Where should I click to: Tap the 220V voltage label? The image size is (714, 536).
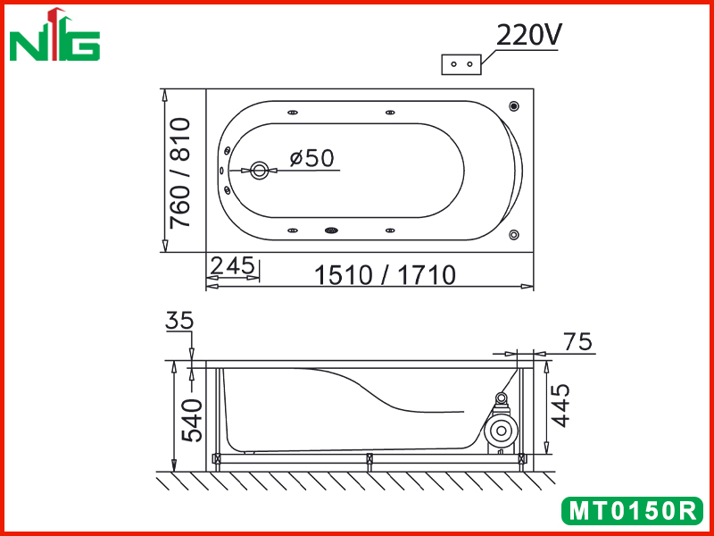coord(528,35)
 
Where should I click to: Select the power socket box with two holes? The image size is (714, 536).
coord(461,64)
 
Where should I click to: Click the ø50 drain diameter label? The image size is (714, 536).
coord(311,158)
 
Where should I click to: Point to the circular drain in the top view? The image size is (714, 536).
coord(260,171)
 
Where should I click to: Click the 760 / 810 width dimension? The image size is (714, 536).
coord(179,172)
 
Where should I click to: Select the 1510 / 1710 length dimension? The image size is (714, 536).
coord(386,275)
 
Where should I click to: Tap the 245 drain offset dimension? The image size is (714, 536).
coord(232,265)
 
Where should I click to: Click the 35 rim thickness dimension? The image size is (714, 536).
coord(179,321)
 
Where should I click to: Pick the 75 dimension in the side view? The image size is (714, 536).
coord(577,341)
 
